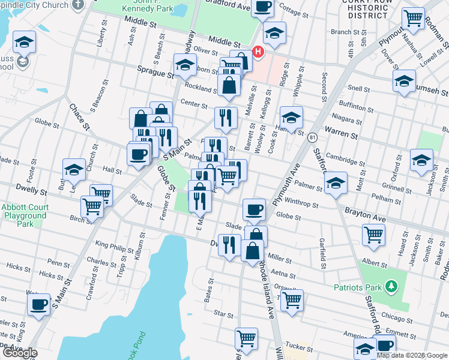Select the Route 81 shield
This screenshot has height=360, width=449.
tap(313, 138)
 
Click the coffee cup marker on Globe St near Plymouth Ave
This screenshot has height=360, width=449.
tap(254, 209)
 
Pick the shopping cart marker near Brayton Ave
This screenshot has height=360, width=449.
tap(373, 235)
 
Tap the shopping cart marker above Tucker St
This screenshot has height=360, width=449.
tap(246, 338)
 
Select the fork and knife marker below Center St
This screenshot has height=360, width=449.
tap(226, 117)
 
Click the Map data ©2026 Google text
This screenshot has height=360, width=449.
tap(412, 355)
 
